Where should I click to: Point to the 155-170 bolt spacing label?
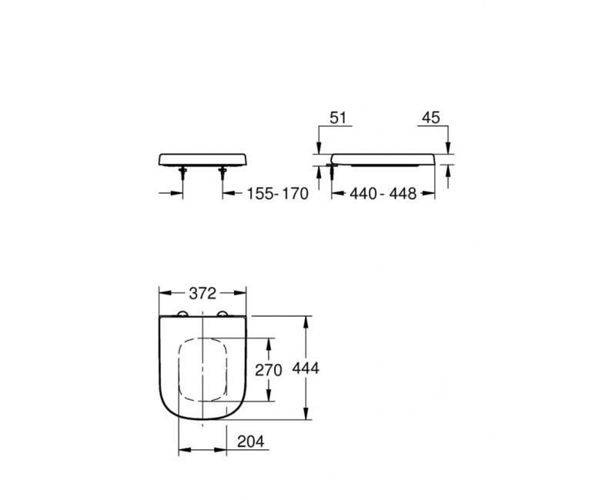click(276, 195)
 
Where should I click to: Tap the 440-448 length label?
click(382, 195)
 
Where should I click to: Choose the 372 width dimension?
click(202, 292)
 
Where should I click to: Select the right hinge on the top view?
click(223, 312)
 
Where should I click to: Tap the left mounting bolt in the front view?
click(183, 174)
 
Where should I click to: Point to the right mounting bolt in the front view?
click(222, 174)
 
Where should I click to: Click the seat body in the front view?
click(202, 159)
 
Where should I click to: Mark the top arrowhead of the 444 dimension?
click(307, 318)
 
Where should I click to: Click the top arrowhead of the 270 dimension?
click(269, 341)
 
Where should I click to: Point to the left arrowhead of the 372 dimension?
click(162, 292)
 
